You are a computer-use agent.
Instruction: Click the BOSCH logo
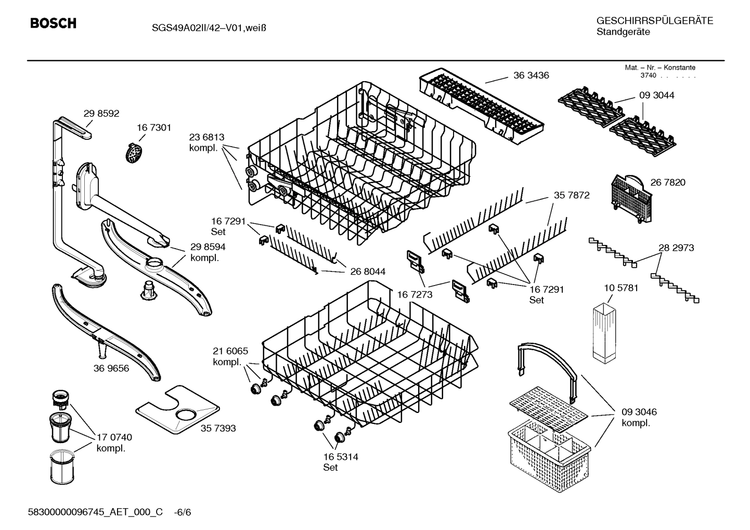tap(53, 23)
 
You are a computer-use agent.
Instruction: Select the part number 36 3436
tap(531, 75)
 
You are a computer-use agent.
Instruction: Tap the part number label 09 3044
tap(656, 95)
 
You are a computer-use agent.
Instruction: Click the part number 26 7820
tap(668, 182)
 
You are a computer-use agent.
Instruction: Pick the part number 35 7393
tap(218, 428)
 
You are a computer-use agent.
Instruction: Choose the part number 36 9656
tap(111, 368)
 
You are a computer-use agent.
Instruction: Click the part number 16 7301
tap(154, 127)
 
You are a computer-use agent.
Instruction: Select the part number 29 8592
tap(101, 113)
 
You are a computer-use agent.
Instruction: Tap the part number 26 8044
tap(368, 272)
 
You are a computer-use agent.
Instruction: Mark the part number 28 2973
tap(676, 248)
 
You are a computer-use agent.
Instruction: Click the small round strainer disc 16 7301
tap(135, 152)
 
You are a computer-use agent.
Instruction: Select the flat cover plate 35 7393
tap(177, 410)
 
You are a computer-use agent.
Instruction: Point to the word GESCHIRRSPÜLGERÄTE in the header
tap(654, 21)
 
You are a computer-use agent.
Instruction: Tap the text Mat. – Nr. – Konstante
tap(660, 68)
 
